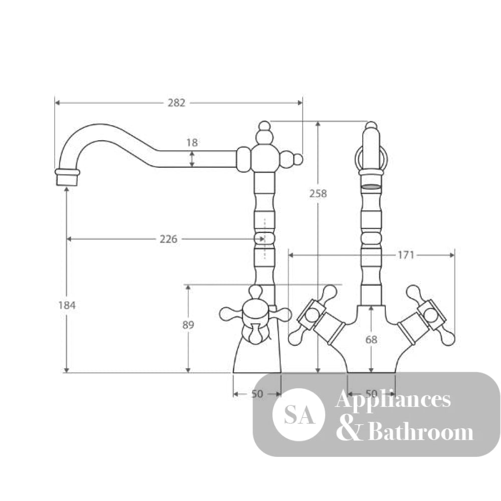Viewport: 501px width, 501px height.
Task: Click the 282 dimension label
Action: coord(176,103)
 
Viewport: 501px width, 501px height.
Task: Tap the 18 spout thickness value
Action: coord(192,142)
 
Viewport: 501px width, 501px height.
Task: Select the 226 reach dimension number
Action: coord(168,239)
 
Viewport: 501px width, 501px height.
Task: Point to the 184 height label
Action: coord(67,305)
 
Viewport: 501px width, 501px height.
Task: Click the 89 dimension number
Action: coord(188,325)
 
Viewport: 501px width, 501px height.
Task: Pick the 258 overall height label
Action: coord(318,193)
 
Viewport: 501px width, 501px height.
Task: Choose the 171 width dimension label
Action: coord(405,255)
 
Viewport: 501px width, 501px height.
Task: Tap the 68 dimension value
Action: coord(371,339)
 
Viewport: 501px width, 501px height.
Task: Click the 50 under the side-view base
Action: coord(257,394)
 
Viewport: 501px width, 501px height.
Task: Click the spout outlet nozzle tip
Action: coord(67,177)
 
